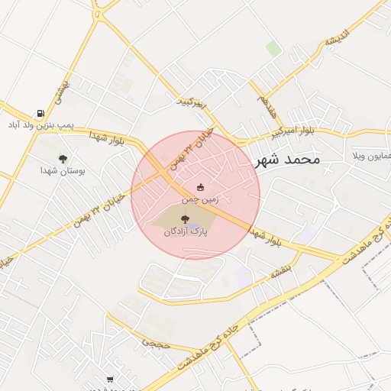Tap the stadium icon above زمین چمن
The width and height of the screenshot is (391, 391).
[201, 187]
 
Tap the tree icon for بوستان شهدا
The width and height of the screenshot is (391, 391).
[63, 159]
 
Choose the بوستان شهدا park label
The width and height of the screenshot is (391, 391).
[63, 170]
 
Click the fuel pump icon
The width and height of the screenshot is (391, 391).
[40, 113]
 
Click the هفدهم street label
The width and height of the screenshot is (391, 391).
[267, 105]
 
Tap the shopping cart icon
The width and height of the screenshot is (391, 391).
[110, 380]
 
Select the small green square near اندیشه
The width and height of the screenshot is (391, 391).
[273, 49]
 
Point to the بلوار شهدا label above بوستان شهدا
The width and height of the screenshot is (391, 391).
[106, 137]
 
